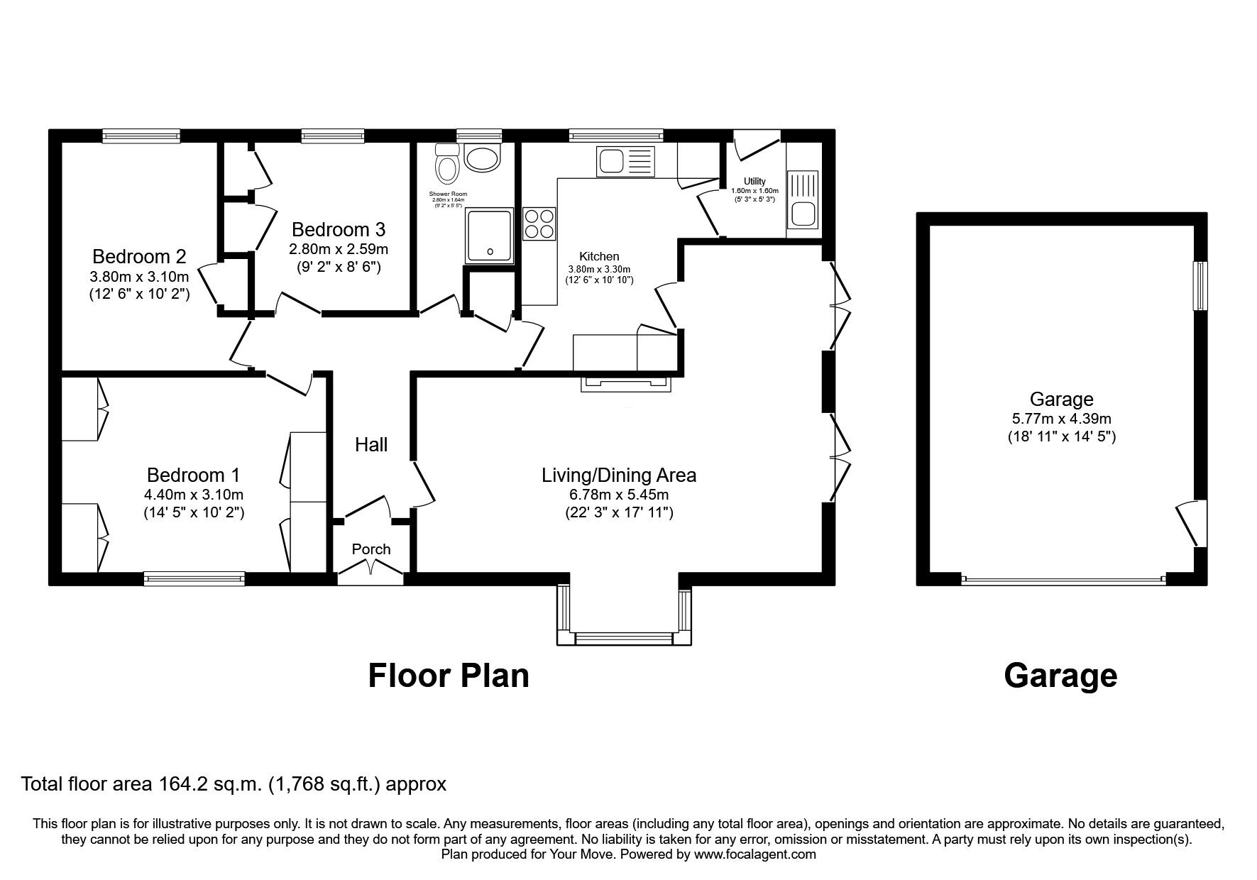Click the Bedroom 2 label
pos(139,256)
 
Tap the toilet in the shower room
pos(447,166)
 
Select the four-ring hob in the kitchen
pos(539,224)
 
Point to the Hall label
pos(371,445)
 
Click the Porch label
pos(371,549)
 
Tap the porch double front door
pos(370,570)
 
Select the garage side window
pos(1200,285)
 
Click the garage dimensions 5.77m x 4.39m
pos(1061,419)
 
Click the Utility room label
pos(754,182)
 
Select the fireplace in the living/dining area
pos(626,383)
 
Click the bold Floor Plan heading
pos(449,676)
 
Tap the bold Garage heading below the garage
pos(1060,676)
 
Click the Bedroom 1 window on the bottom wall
pos(194,578)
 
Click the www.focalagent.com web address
pos(754,854)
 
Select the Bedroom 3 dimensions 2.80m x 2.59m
pos(338,250)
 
